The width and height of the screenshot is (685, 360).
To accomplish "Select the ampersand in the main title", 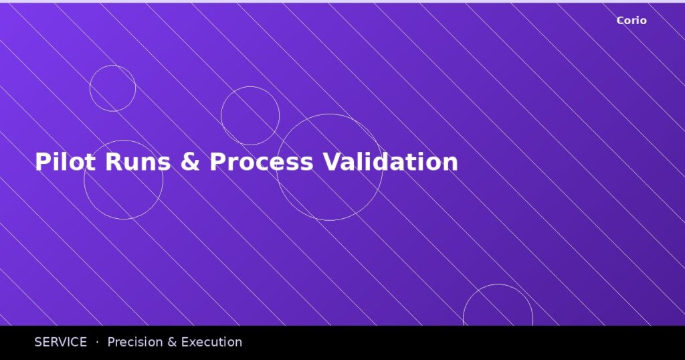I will coord(190,162).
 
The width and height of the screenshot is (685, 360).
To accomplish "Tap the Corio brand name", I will coord(631,21).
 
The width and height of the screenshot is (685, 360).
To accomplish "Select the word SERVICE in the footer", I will coord(60,342).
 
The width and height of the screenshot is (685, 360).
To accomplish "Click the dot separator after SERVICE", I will coord(97,342).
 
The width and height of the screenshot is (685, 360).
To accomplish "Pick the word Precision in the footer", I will coord(134,342).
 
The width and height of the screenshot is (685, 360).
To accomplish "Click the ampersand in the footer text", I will coord(171,342).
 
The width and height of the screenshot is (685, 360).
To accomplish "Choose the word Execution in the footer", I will coord(211,342).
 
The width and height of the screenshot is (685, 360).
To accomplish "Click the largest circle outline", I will coord(330,114).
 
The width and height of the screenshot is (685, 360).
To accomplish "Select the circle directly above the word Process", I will coord(250,87).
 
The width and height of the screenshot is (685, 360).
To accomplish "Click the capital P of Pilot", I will coord(41,162).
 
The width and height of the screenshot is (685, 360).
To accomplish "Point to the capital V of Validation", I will coord(330,162).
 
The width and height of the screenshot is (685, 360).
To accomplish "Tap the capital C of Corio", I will coord(620,21).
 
